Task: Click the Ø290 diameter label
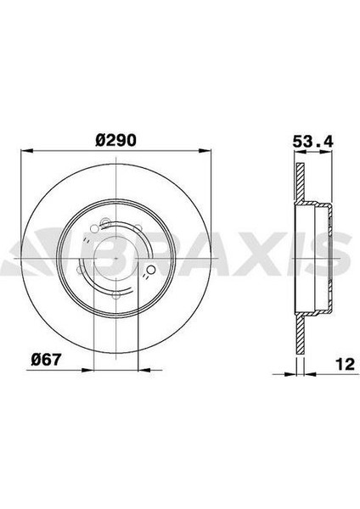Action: click(115, 140)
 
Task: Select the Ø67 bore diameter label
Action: click(46, 360)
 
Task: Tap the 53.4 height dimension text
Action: click(313, 141)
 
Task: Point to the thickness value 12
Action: click(345, 364)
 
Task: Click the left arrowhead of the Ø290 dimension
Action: click(27, 150)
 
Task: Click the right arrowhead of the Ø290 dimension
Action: click(205, 150)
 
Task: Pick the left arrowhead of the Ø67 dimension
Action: click(87, 369)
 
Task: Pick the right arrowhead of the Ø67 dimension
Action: click(145, 369)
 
